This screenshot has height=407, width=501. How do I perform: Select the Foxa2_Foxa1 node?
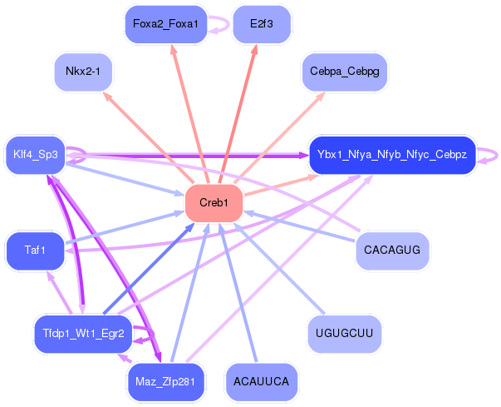165,24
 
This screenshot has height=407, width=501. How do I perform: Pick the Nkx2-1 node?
82,72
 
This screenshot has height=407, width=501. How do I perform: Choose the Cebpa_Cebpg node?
344,72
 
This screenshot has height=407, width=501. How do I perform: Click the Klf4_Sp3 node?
36,154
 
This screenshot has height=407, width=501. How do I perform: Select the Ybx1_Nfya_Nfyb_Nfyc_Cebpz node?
392,154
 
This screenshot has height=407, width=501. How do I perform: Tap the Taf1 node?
35,251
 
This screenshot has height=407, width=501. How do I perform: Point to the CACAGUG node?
392,250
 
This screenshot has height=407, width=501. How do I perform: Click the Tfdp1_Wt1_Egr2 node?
83,334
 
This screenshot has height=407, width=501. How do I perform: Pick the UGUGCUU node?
344,334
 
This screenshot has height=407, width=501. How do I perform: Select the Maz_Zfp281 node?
165,382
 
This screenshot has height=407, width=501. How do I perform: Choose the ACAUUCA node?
262,382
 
